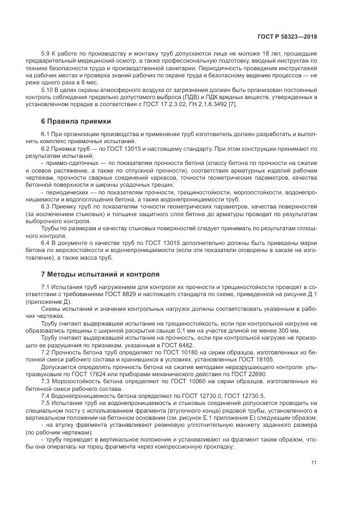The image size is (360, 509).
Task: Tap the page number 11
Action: click(x=314, y=463)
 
